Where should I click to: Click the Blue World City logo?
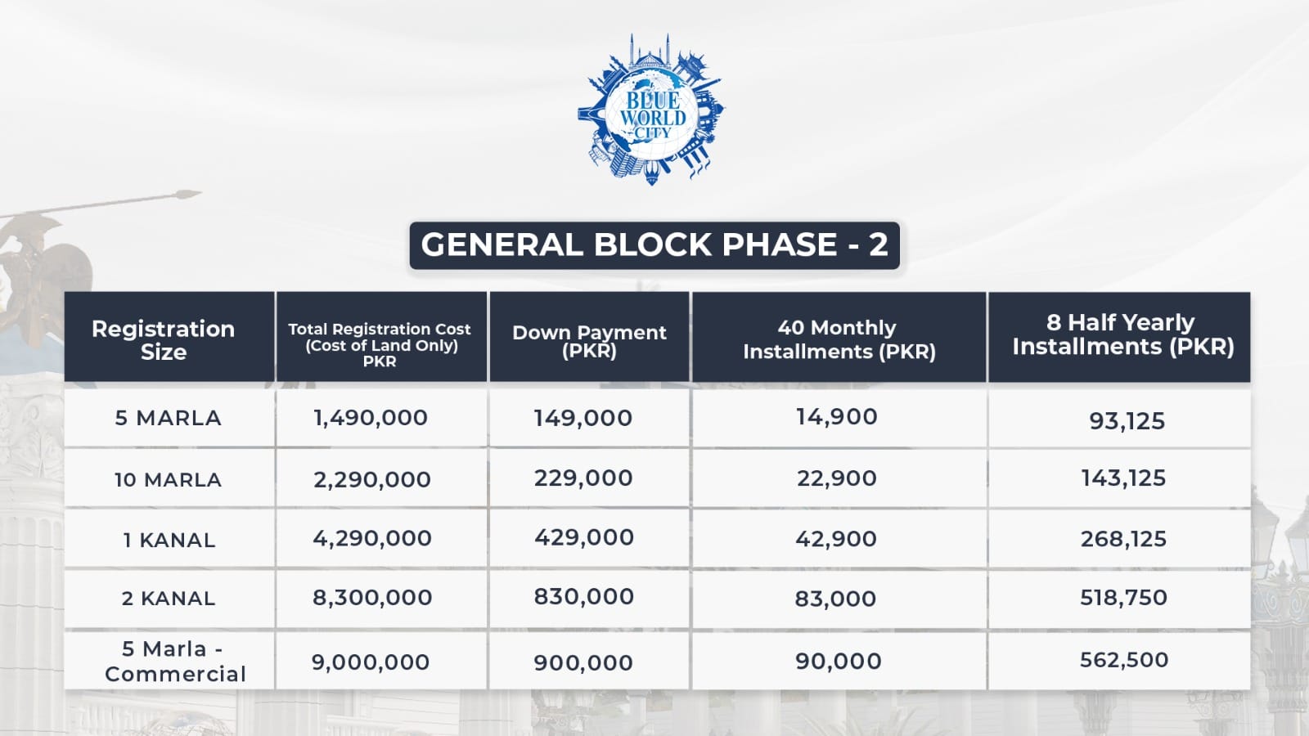click(x=651, y=110)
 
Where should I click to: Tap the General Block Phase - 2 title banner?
click(x=654, y=245)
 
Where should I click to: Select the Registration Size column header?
click(x=163, y=340)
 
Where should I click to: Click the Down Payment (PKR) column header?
click(x=589, y=340)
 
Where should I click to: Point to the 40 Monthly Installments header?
click(x=839, y=339)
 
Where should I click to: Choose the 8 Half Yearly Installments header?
click(x=1122, y=334)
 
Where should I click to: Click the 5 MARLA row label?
click(x=169, y=418)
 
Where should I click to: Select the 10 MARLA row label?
click(x=168, y=479)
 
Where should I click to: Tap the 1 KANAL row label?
click(x=169, y=541)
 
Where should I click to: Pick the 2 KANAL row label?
click(x=169, y=598)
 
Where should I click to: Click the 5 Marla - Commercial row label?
click(x=175, y=662)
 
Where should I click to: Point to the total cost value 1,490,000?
click(x=371, y=418)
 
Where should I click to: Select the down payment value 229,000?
click(x=583, y=478)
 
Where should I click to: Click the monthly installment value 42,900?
click(x=835, y=539)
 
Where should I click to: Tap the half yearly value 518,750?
click(x=1123, y=598)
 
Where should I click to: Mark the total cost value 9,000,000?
click(x=371, y=662)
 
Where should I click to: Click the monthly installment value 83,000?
click(x=835, y=599)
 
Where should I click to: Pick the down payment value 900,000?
click(x=583, y=663)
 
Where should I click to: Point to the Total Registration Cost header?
click(x=380, y=344)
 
